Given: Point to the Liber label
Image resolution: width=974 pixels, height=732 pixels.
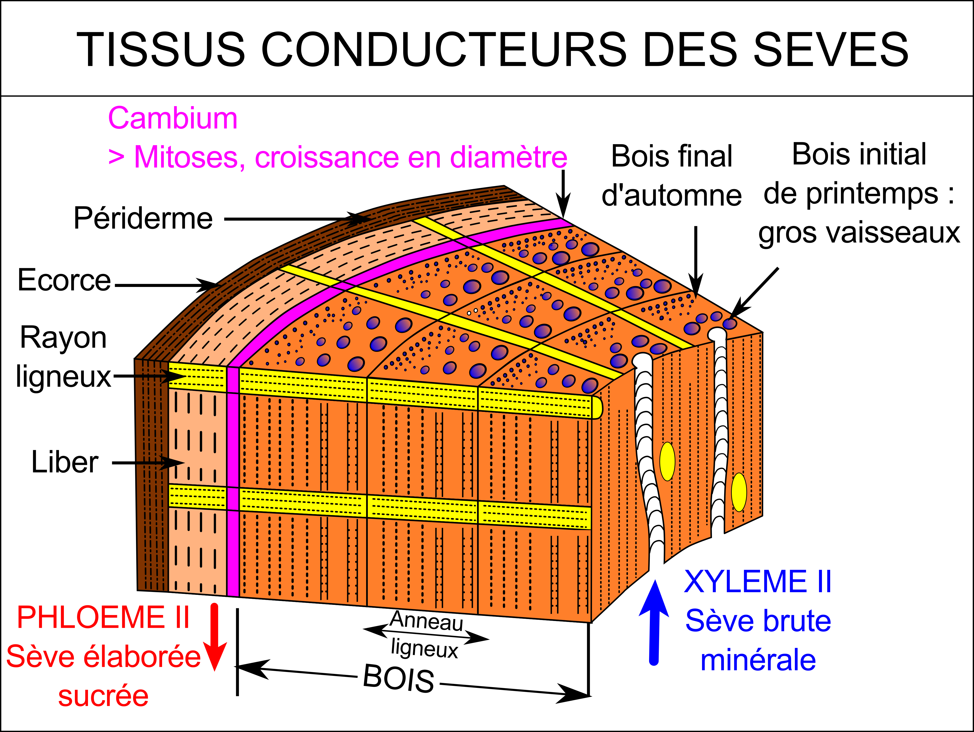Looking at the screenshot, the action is (x=65, y=462).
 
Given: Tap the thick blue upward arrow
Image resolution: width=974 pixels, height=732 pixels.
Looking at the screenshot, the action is (x=654, y=622).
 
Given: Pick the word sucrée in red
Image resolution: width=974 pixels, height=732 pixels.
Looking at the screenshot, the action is (x=104, y=696).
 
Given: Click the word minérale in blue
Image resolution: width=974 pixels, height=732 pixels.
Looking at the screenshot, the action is (x=758, y=660).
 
